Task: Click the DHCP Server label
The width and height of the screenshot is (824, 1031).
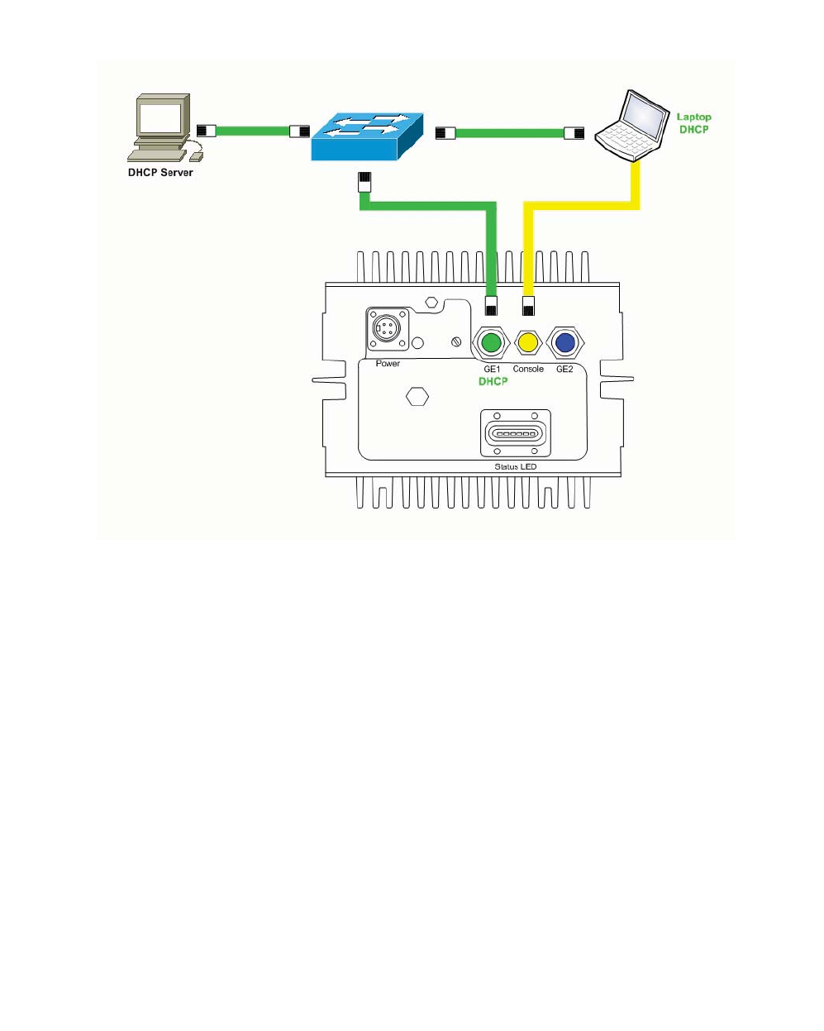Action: tap(160, 173)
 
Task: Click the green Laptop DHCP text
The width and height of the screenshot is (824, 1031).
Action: tap(693, 123)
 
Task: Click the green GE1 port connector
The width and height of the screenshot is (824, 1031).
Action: tap(491, 342)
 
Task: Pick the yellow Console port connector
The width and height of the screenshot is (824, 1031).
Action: tap(527, 342)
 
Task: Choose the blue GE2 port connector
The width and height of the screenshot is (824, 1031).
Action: tap(564, 342)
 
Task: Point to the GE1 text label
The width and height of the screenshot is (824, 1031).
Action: tap(492, 369)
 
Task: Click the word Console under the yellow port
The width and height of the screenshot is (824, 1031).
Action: tap(528, 369)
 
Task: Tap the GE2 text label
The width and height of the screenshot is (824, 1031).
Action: tap(564, 369)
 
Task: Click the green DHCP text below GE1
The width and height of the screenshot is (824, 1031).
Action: tap(493, 381)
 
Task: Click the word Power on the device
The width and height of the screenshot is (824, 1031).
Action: tap(388, 363)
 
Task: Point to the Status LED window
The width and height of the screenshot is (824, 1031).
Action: tap(515, 433)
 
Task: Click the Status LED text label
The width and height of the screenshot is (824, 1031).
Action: tap(515, 467)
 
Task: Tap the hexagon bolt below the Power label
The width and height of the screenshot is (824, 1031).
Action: tap(418, 397)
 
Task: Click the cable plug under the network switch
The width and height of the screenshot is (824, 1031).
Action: tap(364, 182)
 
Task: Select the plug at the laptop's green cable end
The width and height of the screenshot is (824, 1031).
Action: tap(574, 132)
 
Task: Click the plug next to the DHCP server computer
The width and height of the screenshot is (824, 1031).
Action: tap(207, 130)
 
